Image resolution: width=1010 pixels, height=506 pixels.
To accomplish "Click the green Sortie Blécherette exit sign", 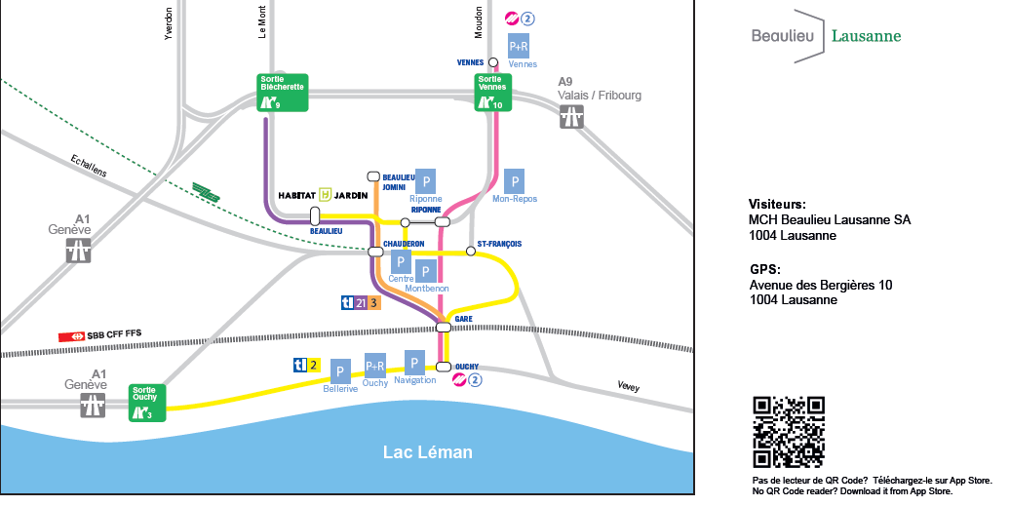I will click(x=283, y=93).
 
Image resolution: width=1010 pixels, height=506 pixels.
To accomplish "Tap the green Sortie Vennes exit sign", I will click(x=493, y=93).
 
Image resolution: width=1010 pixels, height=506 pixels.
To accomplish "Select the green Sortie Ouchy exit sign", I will click(x=148, y=403).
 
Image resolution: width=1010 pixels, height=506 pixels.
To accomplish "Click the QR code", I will click(x=789, y=432).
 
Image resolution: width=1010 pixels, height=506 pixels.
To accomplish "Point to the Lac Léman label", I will click(x=427, y=452).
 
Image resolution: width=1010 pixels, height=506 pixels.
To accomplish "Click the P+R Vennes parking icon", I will click(x=519, y=46).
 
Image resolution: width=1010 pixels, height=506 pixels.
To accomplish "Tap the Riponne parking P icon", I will click(x=425, y=180).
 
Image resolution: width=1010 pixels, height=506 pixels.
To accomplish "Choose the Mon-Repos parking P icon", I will click(x=515, y=180).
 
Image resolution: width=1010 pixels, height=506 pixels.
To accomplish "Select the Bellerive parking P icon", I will click(x=340, y=371).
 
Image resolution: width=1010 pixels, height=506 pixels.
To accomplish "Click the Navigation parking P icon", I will click(x=414, y=362).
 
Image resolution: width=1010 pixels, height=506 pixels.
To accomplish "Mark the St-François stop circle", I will click(x=471, y=252).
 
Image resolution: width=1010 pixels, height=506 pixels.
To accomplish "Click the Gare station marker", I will click(x=444, y=328).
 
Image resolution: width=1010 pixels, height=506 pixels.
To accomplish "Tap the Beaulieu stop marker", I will click(x=315, y=215).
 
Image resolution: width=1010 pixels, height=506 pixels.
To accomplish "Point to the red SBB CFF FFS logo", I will click(x=71, y=335).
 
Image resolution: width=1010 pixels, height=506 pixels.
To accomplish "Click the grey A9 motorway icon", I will click(x=571, y=117).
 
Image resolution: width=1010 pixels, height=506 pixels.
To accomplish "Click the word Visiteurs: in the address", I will click(x=777, y=205).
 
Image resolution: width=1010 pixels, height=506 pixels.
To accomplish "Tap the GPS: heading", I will click(x=765, y=269).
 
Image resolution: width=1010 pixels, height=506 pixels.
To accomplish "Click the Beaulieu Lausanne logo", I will click(x=826, y=36).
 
